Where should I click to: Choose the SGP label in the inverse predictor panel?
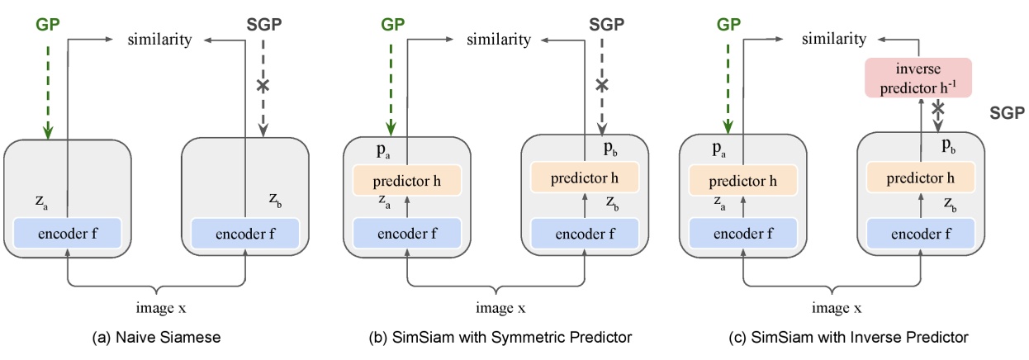pos(1006,114)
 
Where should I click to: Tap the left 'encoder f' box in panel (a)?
pos(67,233)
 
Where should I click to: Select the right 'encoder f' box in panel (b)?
pos(586,233)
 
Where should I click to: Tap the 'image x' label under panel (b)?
pos(497,308)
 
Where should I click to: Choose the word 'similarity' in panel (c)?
pos(836,39)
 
